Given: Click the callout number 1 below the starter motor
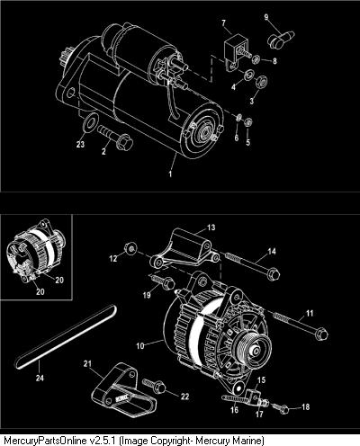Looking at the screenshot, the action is tap(170, 174).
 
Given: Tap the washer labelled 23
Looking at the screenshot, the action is tap(89, 122).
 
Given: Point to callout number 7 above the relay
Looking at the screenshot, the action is tap(223, 22).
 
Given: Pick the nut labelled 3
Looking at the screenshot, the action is tap(261, 81).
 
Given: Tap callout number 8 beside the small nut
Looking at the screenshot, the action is tap(274, 61).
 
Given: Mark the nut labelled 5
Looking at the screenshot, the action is tap(248, 122).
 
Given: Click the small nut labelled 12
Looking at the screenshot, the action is tap(130, 248).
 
